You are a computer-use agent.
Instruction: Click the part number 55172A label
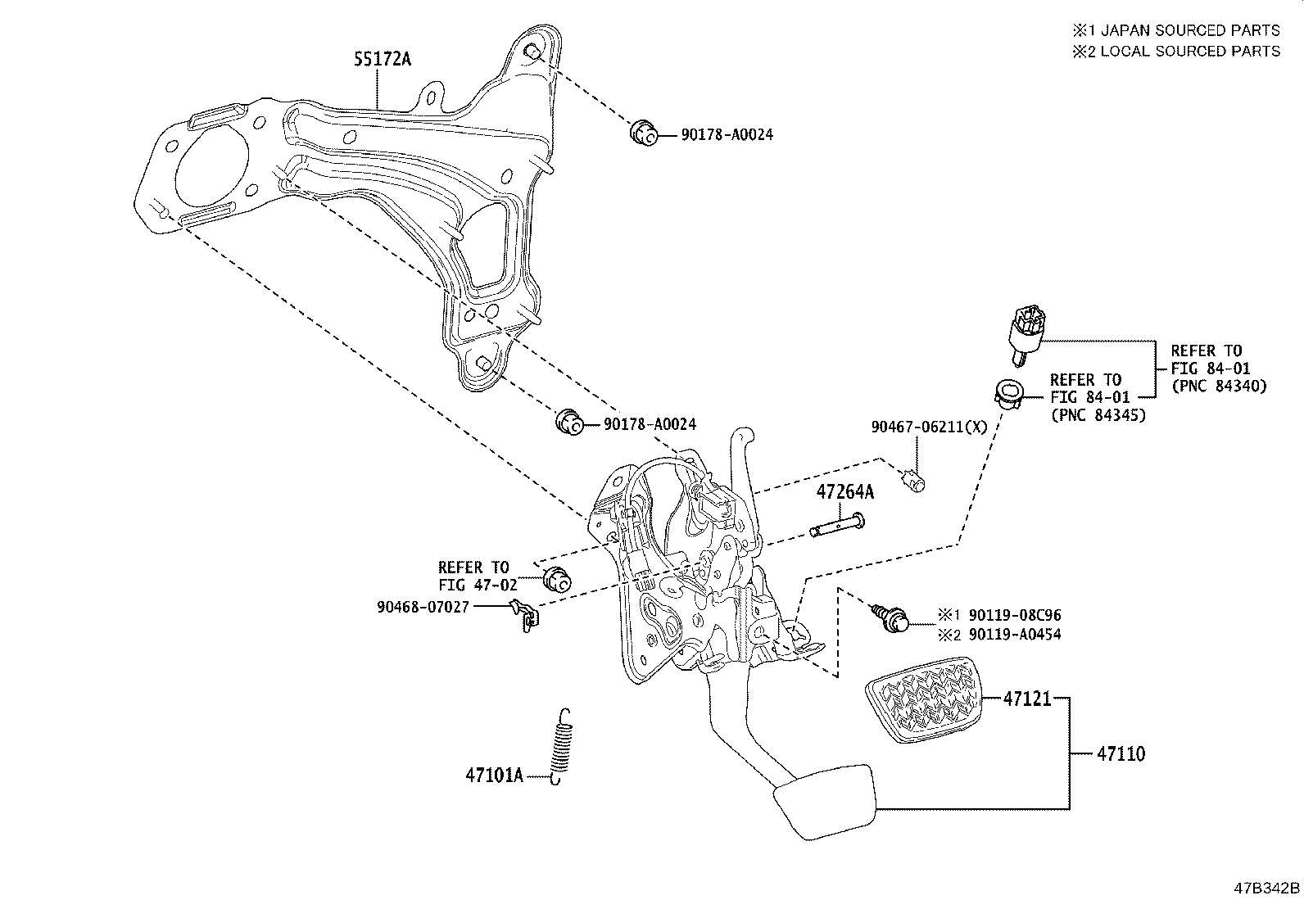[x=383, y=59]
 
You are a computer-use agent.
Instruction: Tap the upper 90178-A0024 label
[x=727, y=134]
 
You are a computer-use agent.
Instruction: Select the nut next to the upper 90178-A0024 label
[x=643, y=132]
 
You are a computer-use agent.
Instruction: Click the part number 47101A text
[x=494, y=775]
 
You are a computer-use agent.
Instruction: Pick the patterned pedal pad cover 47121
[x=921, y=700]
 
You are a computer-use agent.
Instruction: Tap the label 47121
[x=1026, y=699]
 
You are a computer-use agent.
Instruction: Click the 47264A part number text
[x=844, y=492]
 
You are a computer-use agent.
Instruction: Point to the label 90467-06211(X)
[x=929, y=427]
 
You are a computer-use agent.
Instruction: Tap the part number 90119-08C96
[x=1014, y=615]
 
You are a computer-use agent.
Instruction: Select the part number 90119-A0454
[x=1014, y=635]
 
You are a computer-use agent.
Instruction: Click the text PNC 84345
[x=1098, y=415]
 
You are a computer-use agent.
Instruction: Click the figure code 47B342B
[x=1267, y=888]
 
